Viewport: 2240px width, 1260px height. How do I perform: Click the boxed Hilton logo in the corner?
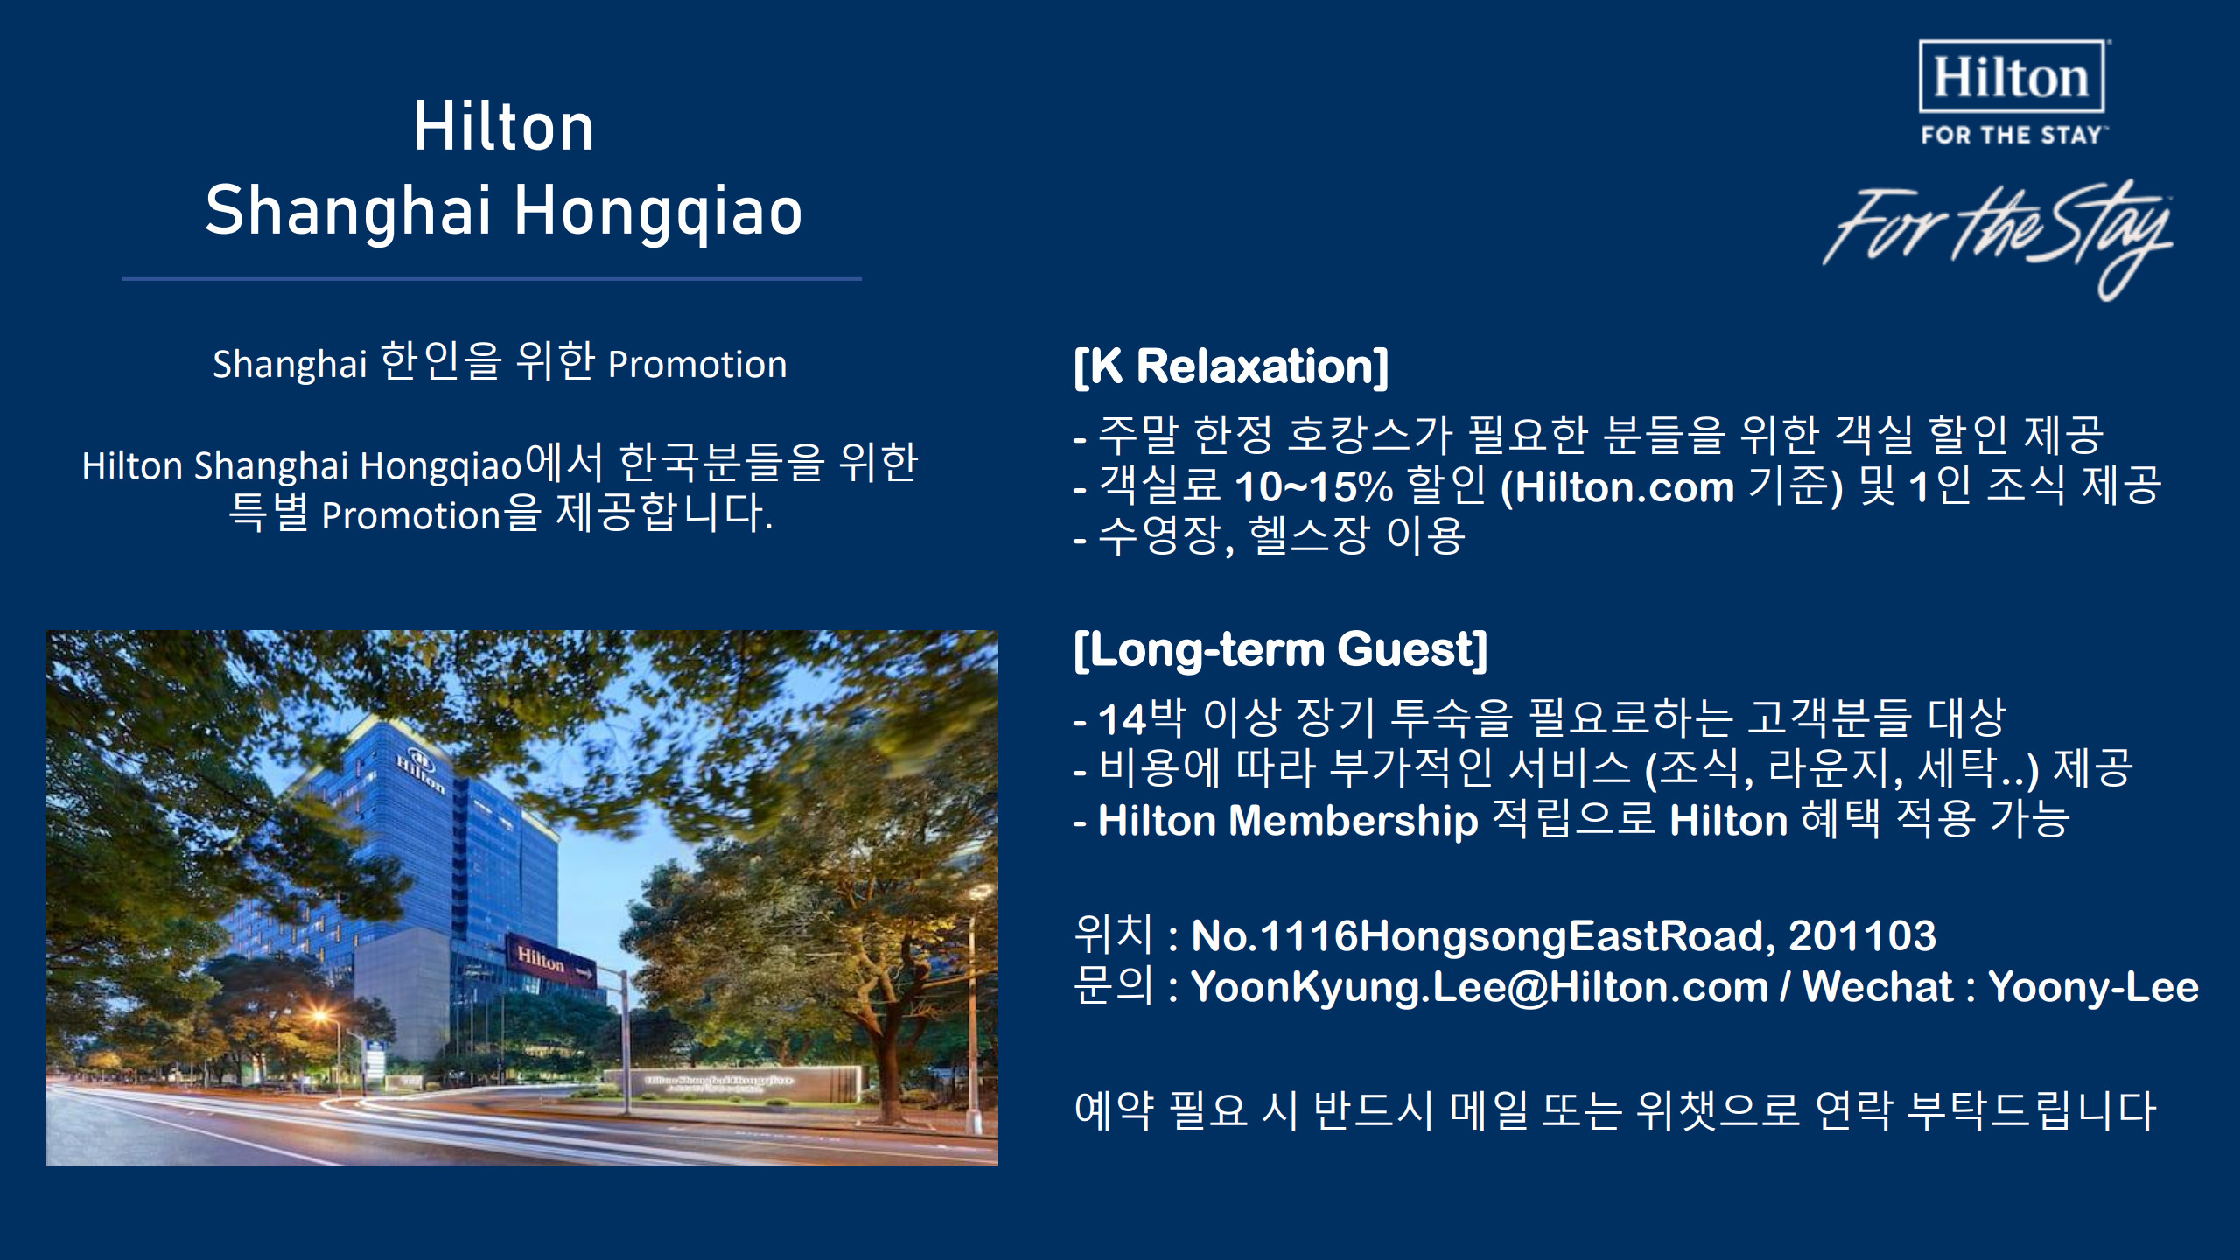[x=2012, y=76]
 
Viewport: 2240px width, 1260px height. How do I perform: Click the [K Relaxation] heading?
[x=1231, y=366]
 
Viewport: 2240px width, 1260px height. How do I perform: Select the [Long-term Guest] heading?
[x=1280, y=649]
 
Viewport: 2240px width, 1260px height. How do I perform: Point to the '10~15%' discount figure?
[x=1313, y=487]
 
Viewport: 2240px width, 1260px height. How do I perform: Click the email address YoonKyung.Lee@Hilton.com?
[x=1480, y=987]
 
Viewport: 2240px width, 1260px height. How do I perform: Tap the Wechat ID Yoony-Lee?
[x=2093, y=987]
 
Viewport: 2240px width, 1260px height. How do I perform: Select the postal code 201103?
[x=1862, y=935]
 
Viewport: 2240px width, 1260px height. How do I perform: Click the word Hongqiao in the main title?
[x=658, y=212]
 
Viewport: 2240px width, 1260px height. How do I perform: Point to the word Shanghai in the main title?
[x=348, y=212]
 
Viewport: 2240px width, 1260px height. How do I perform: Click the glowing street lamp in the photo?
[x=321, y=1018]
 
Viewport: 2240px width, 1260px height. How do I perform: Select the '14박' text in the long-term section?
[x=1142, y=718]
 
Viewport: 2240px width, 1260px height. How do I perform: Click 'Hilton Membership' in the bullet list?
[x=1288, y=821]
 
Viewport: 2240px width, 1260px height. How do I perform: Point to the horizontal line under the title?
[x=492, y=278]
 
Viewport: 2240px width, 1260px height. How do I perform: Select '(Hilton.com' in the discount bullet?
[x=1617, y=487]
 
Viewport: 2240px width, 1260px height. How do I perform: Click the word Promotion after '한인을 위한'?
[x=697, y=365]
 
